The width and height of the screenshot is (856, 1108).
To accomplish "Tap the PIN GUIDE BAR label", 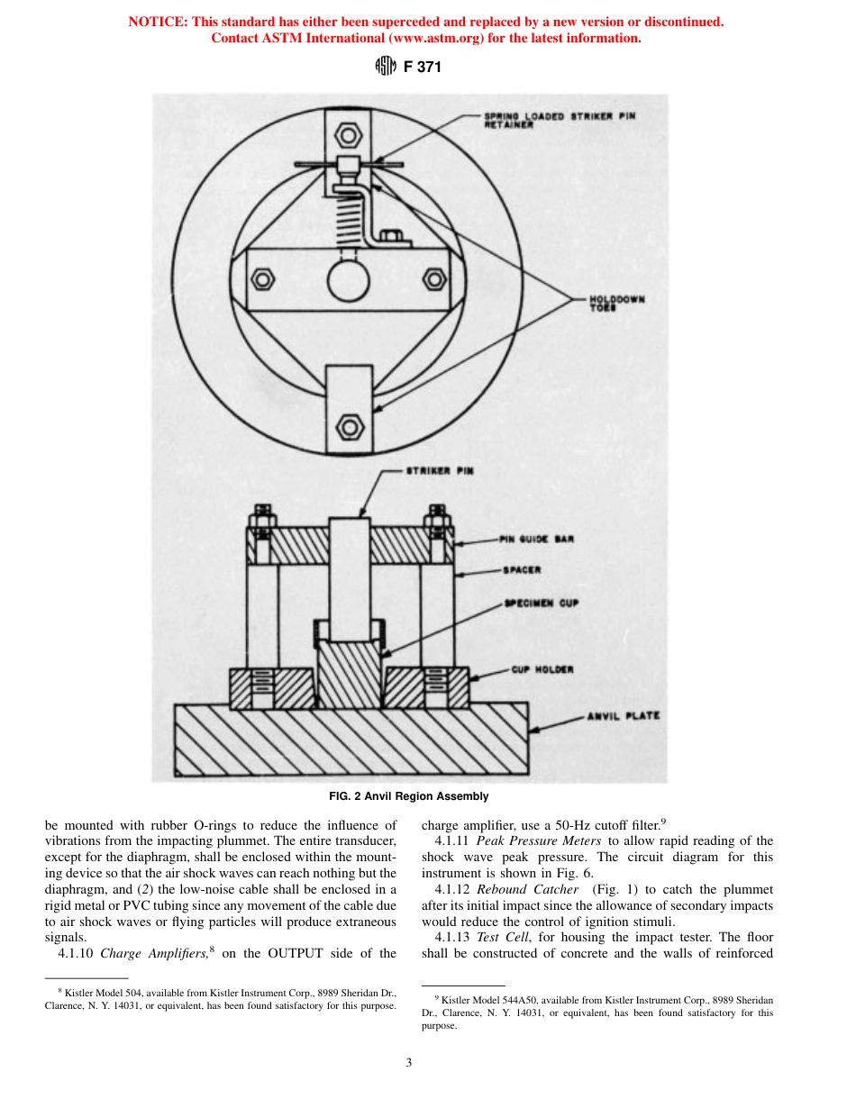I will tap(537, 540).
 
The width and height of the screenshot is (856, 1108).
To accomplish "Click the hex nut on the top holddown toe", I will tap(348, 136).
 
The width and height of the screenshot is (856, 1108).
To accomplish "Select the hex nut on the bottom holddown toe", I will tap(348, 423).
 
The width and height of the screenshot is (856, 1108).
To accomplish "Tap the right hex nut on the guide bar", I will tap(434, 278).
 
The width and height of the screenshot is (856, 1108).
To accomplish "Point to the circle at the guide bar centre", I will tap(348, 280).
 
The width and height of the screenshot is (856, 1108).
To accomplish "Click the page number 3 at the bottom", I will tap(408, 1062).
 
